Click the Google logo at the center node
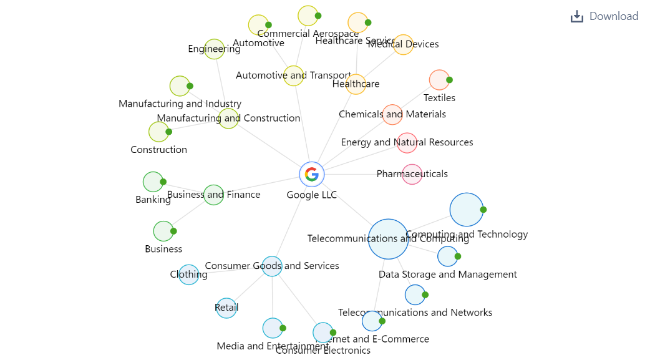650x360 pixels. tap(312, 174)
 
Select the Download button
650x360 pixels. tap(604, 16)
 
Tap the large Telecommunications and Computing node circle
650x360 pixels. tap(388, 239)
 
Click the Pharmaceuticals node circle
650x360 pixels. tap(412, 175)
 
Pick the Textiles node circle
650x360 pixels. tap(439, 80)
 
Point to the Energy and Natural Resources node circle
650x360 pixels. tap(407, 143)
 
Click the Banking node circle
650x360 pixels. tap(153, 182)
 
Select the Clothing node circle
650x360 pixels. tap(188, 275)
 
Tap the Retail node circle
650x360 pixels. tap(226, 308)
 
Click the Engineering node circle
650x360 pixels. tap(214, 49)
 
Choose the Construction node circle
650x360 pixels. tap(158, 132)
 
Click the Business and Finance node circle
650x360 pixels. tap(213, 195)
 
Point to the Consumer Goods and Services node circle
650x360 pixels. tap(272, 266)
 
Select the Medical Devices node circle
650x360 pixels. tap(403, 45)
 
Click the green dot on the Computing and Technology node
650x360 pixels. tap(483, 210)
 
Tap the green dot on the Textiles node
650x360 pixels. tap(449, 80)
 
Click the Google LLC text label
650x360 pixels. tap(312, 195)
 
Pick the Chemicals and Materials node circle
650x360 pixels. tap(392, 115)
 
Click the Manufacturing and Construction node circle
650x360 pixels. tap(228, 119)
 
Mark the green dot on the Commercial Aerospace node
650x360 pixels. tap(318, 16)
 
